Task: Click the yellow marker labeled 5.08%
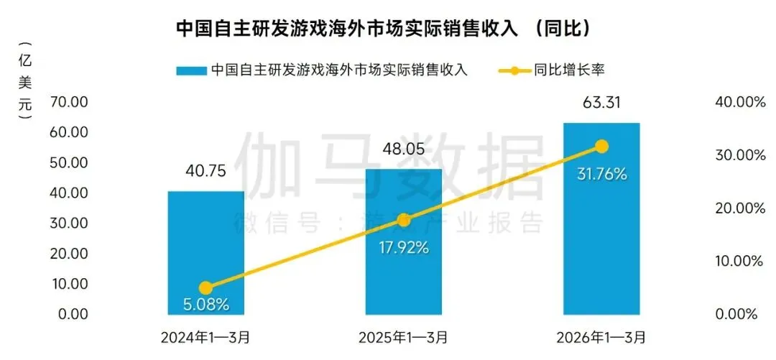(205, 288)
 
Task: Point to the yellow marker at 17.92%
(404, 220)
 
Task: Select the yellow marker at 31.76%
(601, 147)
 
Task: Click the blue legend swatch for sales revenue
(190, 70)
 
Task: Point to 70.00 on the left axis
(70, 103)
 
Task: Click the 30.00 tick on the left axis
(70, 223)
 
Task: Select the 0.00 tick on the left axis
(73, 314)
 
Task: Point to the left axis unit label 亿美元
(25, 81)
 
